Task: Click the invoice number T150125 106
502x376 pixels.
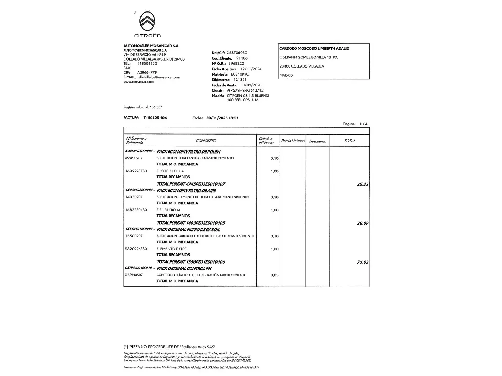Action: click(155, 118)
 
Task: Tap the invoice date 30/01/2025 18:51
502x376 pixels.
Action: click(222, 118)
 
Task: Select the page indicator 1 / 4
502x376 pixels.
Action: click(363, 124)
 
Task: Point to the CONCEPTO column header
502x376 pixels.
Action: click(206, 141)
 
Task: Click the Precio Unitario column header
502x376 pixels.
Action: click(292, 141)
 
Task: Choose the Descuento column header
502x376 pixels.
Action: click(317, 141)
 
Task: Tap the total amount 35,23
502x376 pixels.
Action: click(363, 184)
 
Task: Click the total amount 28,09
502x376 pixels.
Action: click(363, 223)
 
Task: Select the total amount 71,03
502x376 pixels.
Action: click(363, 262)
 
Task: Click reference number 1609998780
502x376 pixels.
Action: click(136, 171)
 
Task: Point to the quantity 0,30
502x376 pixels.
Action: click(274, 236)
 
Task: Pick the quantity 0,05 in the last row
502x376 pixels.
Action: click(274, 275)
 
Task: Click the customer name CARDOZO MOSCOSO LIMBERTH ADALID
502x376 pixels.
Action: click(314, 49)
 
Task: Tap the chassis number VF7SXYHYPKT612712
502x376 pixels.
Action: click(245, 91)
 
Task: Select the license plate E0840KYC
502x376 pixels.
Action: click(240, 75)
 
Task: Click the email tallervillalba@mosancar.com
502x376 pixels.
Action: click(159, 77)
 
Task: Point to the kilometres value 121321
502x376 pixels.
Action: click(240, 80)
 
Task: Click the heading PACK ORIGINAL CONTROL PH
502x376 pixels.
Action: click(184, 269)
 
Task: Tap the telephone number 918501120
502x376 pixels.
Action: click(147, 64)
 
